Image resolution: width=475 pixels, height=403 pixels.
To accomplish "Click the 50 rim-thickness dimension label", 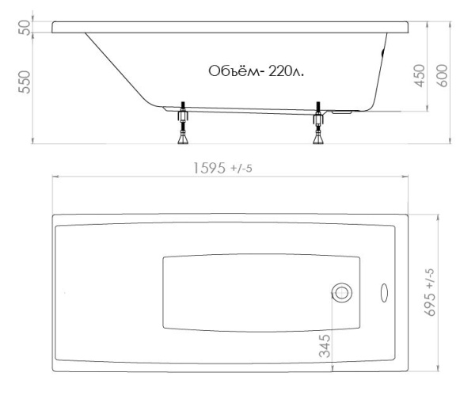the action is [x=25, y=28].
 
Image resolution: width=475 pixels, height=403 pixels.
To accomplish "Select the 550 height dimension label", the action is [x=25, y=82].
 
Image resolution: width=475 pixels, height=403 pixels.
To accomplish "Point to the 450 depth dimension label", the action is [x=420, y=76].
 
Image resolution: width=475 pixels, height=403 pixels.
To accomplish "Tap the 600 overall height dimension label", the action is [x=443, y=76].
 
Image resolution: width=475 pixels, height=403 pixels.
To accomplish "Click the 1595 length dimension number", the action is [x=210, y=168].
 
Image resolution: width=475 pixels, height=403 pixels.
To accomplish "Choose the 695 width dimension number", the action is [x=430, y=305].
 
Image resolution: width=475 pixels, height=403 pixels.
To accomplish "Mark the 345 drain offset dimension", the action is [x=325, y=346].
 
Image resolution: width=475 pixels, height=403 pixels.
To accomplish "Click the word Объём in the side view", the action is [x=234, y=71].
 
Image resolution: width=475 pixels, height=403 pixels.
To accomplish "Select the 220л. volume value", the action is [x=286, y=71].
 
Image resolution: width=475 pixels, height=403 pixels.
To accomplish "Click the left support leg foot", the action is [x=183, y=139].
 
